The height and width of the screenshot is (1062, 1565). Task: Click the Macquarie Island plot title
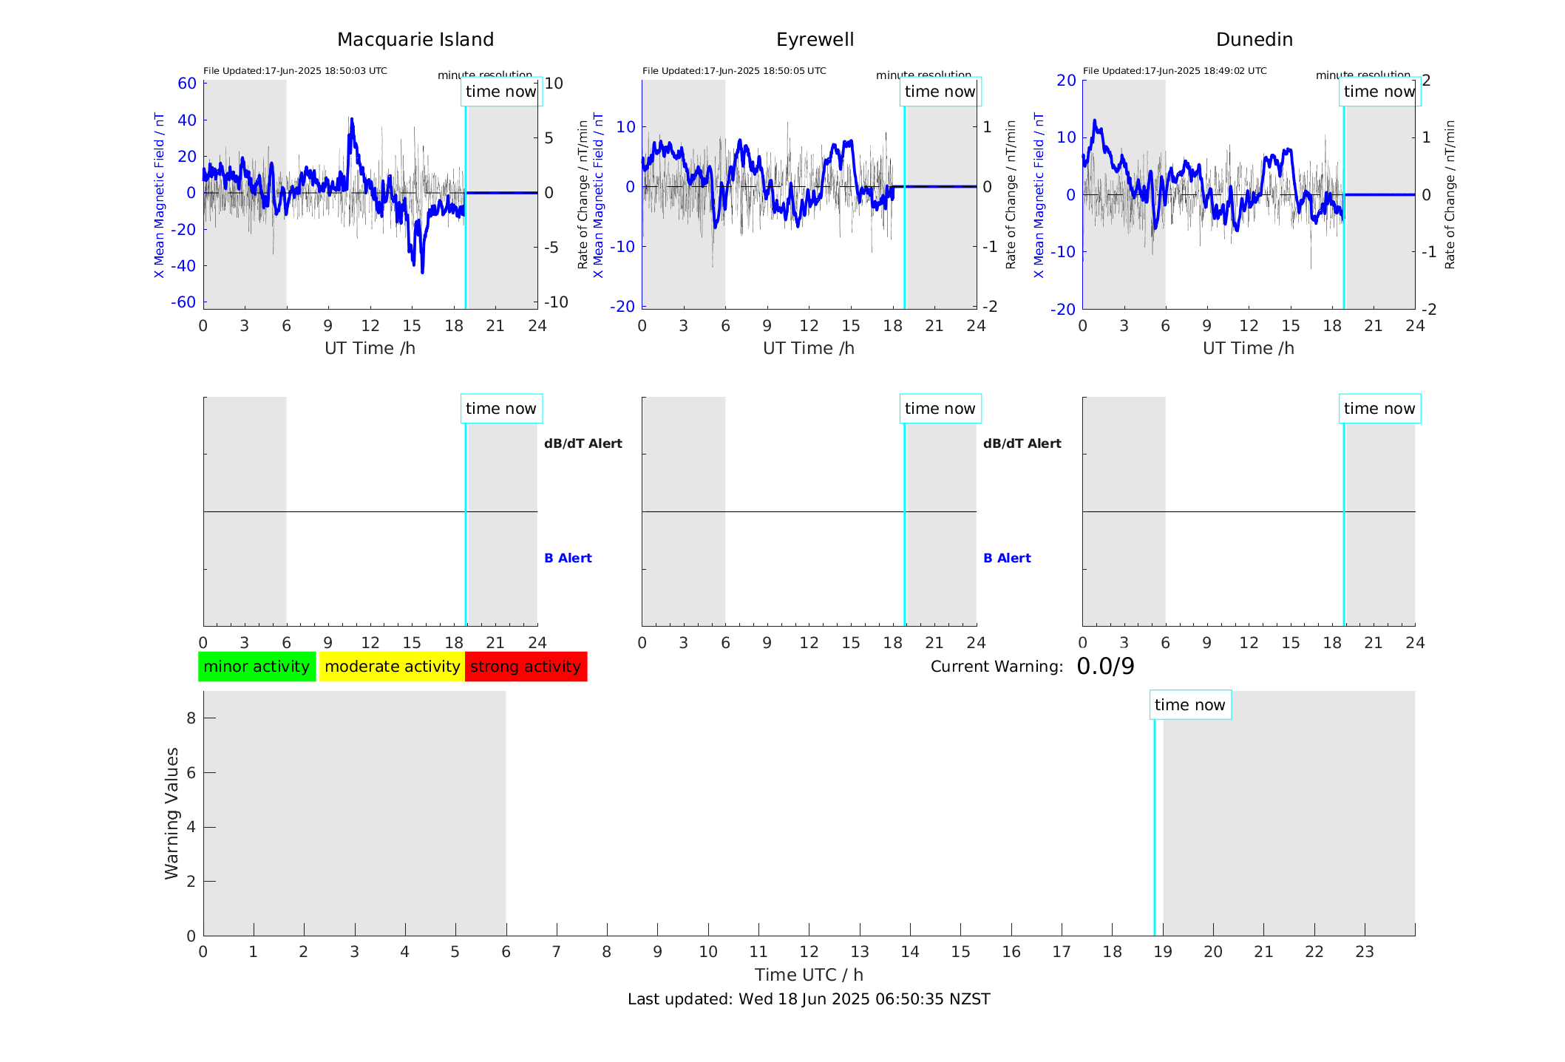(415, 40)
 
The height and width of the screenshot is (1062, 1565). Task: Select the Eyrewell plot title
(815, 40)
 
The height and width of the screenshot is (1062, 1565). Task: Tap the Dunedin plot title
(1254, 40)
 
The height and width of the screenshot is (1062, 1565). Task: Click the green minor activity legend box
(257, 667)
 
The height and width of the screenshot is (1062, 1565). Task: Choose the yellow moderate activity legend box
(392, 667)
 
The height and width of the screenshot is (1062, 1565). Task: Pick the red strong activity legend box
(526, 667)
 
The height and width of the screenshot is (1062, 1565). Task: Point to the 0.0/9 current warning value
(1105, 667)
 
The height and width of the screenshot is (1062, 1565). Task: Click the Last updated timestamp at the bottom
(809, 999)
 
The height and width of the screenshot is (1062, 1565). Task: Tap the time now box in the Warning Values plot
(1189, 705)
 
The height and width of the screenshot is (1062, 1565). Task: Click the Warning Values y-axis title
(172, 813)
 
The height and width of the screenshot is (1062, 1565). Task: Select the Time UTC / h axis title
(809, 975)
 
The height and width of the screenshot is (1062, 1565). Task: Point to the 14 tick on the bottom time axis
(910, 952)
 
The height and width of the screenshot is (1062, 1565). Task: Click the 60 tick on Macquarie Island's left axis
(187, 84)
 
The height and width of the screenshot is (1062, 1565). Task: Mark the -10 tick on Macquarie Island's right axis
(556, 302)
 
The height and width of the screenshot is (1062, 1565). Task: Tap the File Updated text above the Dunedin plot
(1175, 71)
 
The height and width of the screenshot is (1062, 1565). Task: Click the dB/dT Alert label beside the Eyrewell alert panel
(1022, 443)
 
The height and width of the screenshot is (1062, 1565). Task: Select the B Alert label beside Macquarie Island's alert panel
(568, 558)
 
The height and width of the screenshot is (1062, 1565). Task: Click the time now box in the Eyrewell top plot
(940, 92)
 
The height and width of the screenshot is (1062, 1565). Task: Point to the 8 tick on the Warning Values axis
(191, 718)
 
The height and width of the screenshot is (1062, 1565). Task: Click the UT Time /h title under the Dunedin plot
(1248, 348)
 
